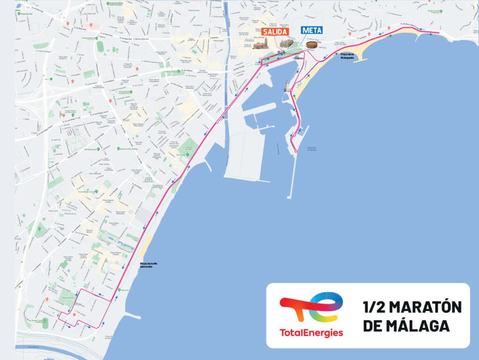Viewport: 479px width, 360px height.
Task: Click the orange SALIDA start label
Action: point(274,31)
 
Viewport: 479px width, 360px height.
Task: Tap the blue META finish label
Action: point(312,30)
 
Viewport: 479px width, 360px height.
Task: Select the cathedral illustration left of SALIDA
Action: point(261,44)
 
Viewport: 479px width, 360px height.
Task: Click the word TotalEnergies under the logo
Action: point(311,333)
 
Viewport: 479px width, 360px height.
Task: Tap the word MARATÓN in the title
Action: point(425,307)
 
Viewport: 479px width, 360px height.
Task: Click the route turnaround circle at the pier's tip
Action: point(296,150)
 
